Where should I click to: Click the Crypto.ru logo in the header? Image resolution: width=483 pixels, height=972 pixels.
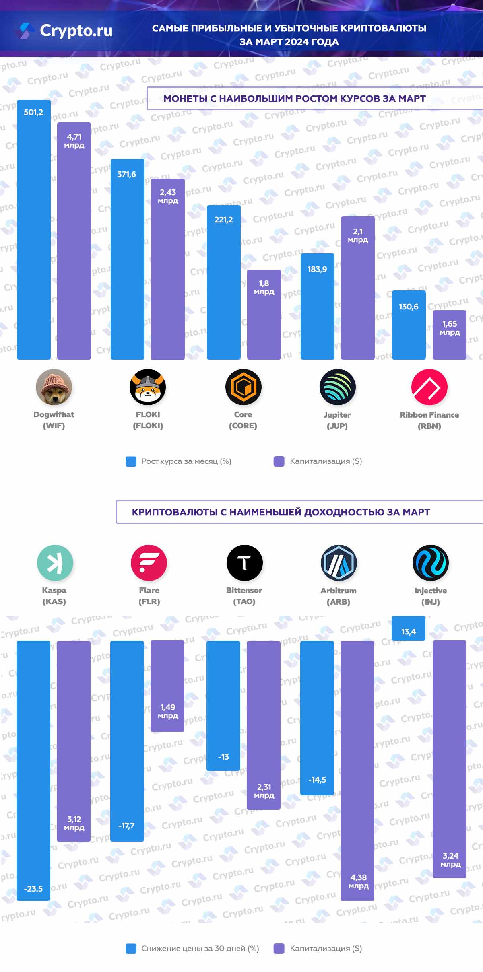pos(64,31)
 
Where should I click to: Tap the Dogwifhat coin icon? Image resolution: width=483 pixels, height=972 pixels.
pos(54,387)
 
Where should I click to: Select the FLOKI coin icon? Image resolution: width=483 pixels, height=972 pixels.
pos(148,387)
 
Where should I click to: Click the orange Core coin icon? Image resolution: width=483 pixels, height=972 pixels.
pos(244,387)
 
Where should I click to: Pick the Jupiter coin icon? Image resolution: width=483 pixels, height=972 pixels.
pos(338,387)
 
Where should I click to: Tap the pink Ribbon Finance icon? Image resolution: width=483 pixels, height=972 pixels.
pos(429,387)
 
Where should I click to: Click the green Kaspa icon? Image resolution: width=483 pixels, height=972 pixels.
pos(55,563)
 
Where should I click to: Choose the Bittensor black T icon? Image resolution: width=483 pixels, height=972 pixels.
pos(245,563)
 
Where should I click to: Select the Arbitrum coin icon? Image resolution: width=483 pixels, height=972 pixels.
pos(339,563)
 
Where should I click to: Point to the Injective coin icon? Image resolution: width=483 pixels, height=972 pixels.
pos(431,563)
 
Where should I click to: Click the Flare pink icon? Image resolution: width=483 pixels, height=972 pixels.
pos(149,563)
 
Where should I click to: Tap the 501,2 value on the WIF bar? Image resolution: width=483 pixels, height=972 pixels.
pos(33,113)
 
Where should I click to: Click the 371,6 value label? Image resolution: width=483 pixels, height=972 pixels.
pos(126,175)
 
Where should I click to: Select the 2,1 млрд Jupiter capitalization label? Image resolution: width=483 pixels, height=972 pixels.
pos(358,235)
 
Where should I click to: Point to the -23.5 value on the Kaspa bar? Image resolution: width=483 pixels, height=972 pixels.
pos(33,889)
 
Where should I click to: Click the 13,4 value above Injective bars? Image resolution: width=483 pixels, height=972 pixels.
pos(409,632)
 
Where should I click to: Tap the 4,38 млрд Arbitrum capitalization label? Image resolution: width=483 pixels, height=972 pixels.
pos(358,881)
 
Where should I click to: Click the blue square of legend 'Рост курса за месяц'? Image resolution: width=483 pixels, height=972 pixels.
pos(131,461)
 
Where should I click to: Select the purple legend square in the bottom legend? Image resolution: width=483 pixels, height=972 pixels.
pos(279,949)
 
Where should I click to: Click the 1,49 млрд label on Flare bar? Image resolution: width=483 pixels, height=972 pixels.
pos(167,711)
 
